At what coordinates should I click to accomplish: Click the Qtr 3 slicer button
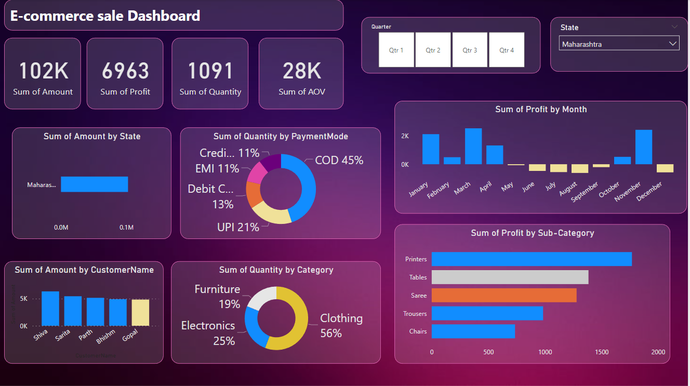pos(470,50)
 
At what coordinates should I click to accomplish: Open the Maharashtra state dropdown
pos(619,44)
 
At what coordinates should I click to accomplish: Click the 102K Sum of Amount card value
pos(43,71)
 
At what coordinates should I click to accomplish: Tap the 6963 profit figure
pos(125,71)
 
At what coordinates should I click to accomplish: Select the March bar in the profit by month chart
pos(473,147)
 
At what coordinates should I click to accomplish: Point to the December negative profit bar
pos(665,168)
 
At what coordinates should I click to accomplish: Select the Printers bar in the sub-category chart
pos(531,259)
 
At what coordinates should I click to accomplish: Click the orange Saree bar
pos(503,295)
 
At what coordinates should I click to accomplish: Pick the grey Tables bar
pos(510,277)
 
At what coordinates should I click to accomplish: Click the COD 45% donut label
pos(339,160)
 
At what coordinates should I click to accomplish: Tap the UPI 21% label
pos(238,227)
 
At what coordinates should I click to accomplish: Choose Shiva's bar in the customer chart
pos(50,309)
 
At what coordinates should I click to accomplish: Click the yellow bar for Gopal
pos(140,312)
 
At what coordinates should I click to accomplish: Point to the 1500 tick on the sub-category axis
pos(601,352)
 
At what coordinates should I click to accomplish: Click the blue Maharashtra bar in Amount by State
pos(94,184)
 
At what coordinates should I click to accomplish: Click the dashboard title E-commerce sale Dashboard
pos(105,16)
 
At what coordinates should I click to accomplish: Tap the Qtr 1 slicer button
pos(396,50)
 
